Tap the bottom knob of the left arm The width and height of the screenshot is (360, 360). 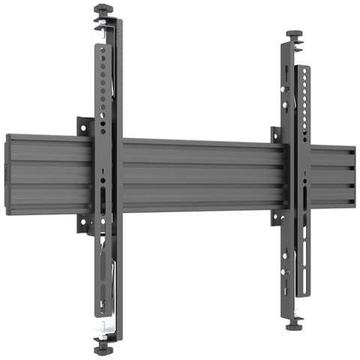click(102, 346)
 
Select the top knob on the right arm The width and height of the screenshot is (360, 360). click(294, 34)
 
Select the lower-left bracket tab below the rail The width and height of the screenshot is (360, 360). click(82, 223)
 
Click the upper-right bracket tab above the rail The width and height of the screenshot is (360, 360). click(275, 134)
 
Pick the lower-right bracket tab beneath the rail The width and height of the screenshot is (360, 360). click(275, 217)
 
